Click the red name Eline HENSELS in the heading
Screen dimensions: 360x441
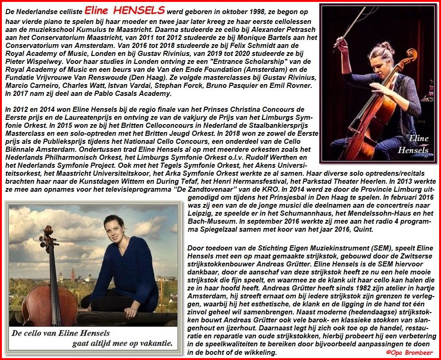coord(125,10)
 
